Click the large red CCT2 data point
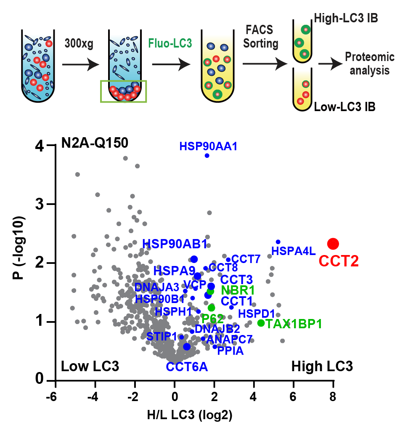click(333, 243)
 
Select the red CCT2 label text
click(339, 261)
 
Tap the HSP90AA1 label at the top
click(208, 146)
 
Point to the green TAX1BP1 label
click(294, 324)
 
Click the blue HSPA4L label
click(293, 252)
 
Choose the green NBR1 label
click(238, 290)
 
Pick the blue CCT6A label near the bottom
click(187, 367)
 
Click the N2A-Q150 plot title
click(95, 143)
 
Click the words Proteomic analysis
click(369, 64)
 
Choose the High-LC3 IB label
click(345, 18)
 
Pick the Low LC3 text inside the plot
click(90, 366)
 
